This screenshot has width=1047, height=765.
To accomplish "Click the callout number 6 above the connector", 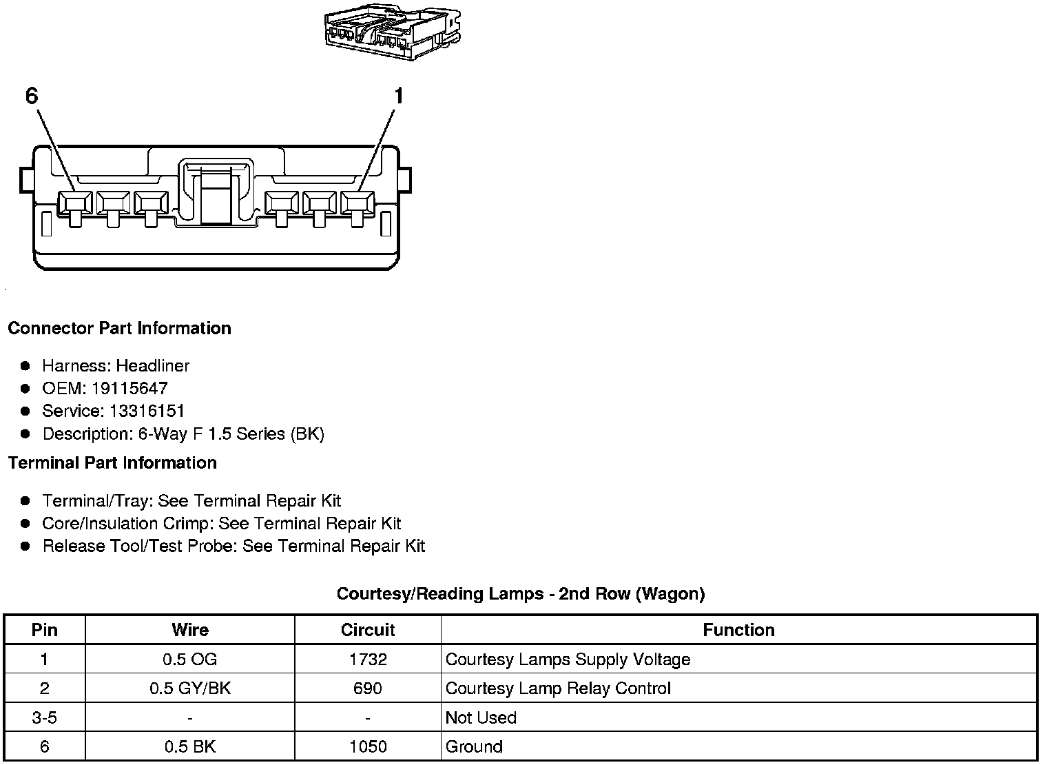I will [x=32, y=96].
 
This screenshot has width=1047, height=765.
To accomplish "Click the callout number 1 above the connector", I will [x=397, y=96].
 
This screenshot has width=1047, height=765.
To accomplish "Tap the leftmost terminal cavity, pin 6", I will [x=74, y=203].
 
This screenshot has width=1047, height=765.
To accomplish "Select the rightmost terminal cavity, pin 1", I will [x=357, y=203].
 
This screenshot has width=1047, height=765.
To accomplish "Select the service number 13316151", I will [x=147, y=411].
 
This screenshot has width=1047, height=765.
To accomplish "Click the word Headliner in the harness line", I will [x=152, y=365].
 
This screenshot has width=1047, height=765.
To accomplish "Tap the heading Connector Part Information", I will [x=119, y=328].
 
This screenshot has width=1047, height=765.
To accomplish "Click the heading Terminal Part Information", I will [x=112, y=462].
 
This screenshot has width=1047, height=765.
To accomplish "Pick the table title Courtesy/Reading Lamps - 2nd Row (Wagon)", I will [x=520, y=593].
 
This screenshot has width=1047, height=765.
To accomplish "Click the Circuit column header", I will [x=368, y=630].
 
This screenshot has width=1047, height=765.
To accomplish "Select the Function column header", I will [x=738, y=630].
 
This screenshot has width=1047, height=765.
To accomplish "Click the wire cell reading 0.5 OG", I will [x=189, y=660].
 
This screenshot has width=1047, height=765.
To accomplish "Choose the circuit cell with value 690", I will [x=368, y=688].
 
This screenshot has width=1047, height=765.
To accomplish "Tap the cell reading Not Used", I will [x=481, y=717].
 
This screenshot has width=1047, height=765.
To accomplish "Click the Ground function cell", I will [x=474, y=746].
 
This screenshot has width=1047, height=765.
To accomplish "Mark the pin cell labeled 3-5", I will [x=44, y=717].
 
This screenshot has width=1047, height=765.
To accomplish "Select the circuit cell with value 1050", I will [x=368, y=746].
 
